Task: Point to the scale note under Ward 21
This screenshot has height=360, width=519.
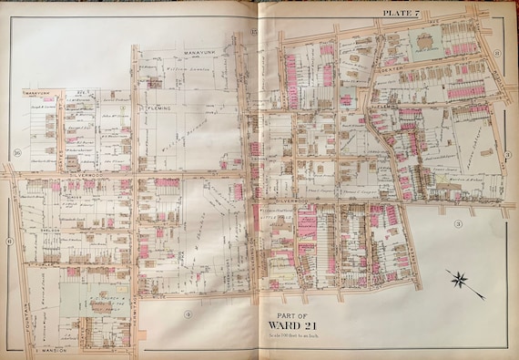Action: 292,336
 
